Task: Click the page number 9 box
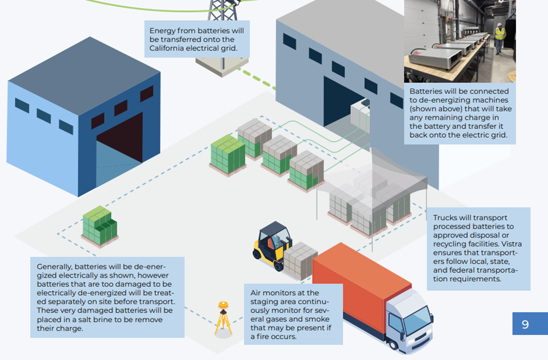pos(525,324)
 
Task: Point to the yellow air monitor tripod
pos(223,318)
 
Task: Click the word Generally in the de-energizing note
pos(57,266)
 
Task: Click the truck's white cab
pos(406,316)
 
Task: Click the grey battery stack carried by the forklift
pos(300,261)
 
